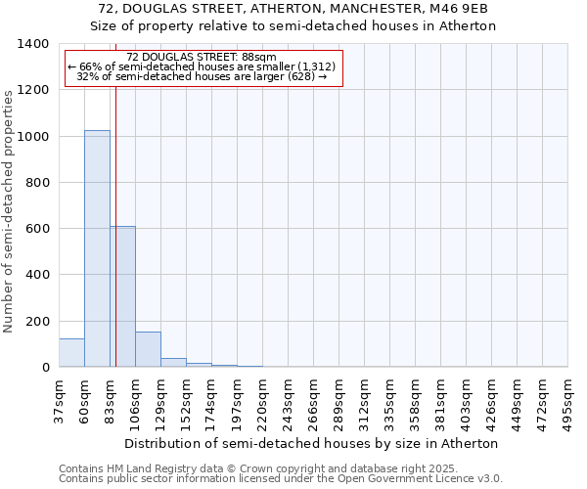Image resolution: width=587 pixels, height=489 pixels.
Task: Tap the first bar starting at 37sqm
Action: pos(71,353)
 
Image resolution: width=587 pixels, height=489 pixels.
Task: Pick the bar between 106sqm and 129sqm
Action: pos(148,349)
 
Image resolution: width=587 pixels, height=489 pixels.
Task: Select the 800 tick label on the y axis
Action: pos(38,183)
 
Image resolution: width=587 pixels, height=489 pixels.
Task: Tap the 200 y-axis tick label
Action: pos(38,322)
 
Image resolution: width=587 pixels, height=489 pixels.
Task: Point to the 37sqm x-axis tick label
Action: pos(59,400)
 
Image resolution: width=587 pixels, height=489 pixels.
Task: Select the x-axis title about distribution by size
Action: pos(312,443)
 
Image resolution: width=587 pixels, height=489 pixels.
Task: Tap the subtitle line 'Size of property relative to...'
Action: pos(293,26)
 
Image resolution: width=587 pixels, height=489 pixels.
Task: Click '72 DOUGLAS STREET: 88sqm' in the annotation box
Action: pos(202,57)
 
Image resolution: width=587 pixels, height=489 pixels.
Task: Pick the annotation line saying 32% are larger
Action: pos(202,76)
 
